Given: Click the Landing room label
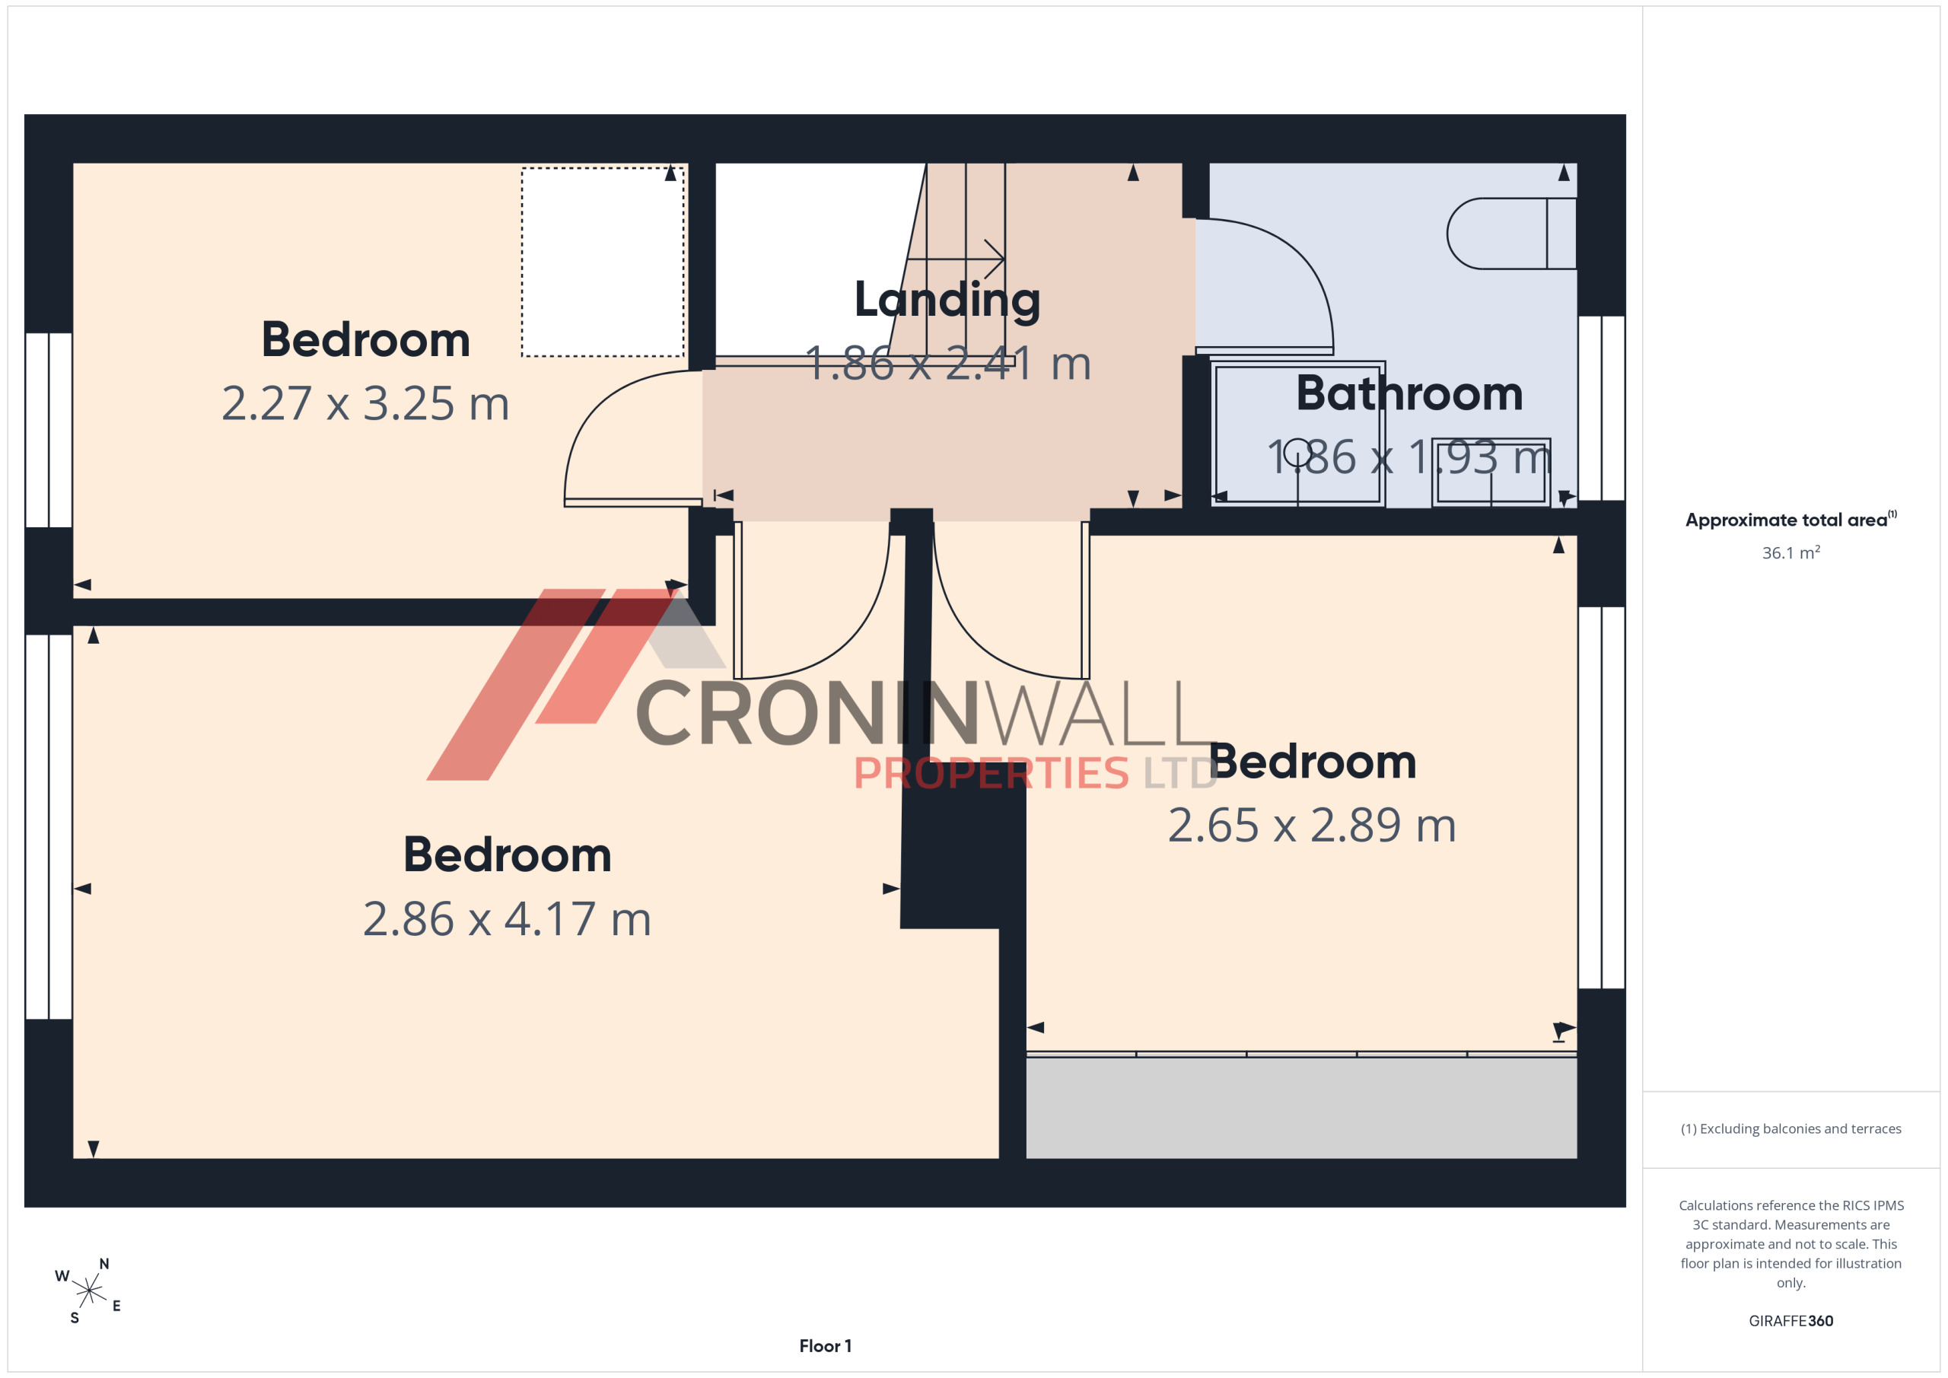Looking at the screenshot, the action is (x=947, y=301).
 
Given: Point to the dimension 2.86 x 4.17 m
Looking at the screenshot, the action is (x=507, y=919).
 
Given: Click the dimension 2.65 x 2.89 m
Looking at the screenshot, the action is (x=1312, y=826).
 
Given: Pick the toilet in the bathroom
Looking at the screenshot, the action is (x=1511, y=234).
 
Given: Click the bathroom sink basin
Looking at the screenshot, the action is (x=1491, y=472).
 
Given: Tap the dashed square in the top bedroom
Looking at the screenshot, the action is (x=603, y=263).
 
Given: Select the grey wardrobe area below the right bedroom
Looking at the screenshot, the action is (x=1301, y=1107).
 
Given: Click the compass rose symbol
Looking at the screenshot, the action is (x=89, y=1291).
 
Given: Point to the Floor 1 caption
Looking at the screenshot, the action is (x=825, y=1346).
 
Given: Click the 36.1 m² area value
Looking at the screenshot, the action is (x=1790, y=552).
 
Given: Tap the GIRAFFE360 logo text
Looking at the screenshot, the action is (x=1790, y=1320).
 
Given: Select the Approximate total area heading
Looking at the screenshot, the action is (x=1790, y=519).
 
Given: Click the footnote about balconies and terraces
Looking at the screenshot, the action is (x=1790, y=1128).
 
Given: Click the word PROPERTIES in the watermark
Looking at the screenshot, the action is (x=991, y=773).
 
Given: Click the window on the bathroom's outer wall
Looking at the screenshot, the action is (x=1601, y=408).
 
